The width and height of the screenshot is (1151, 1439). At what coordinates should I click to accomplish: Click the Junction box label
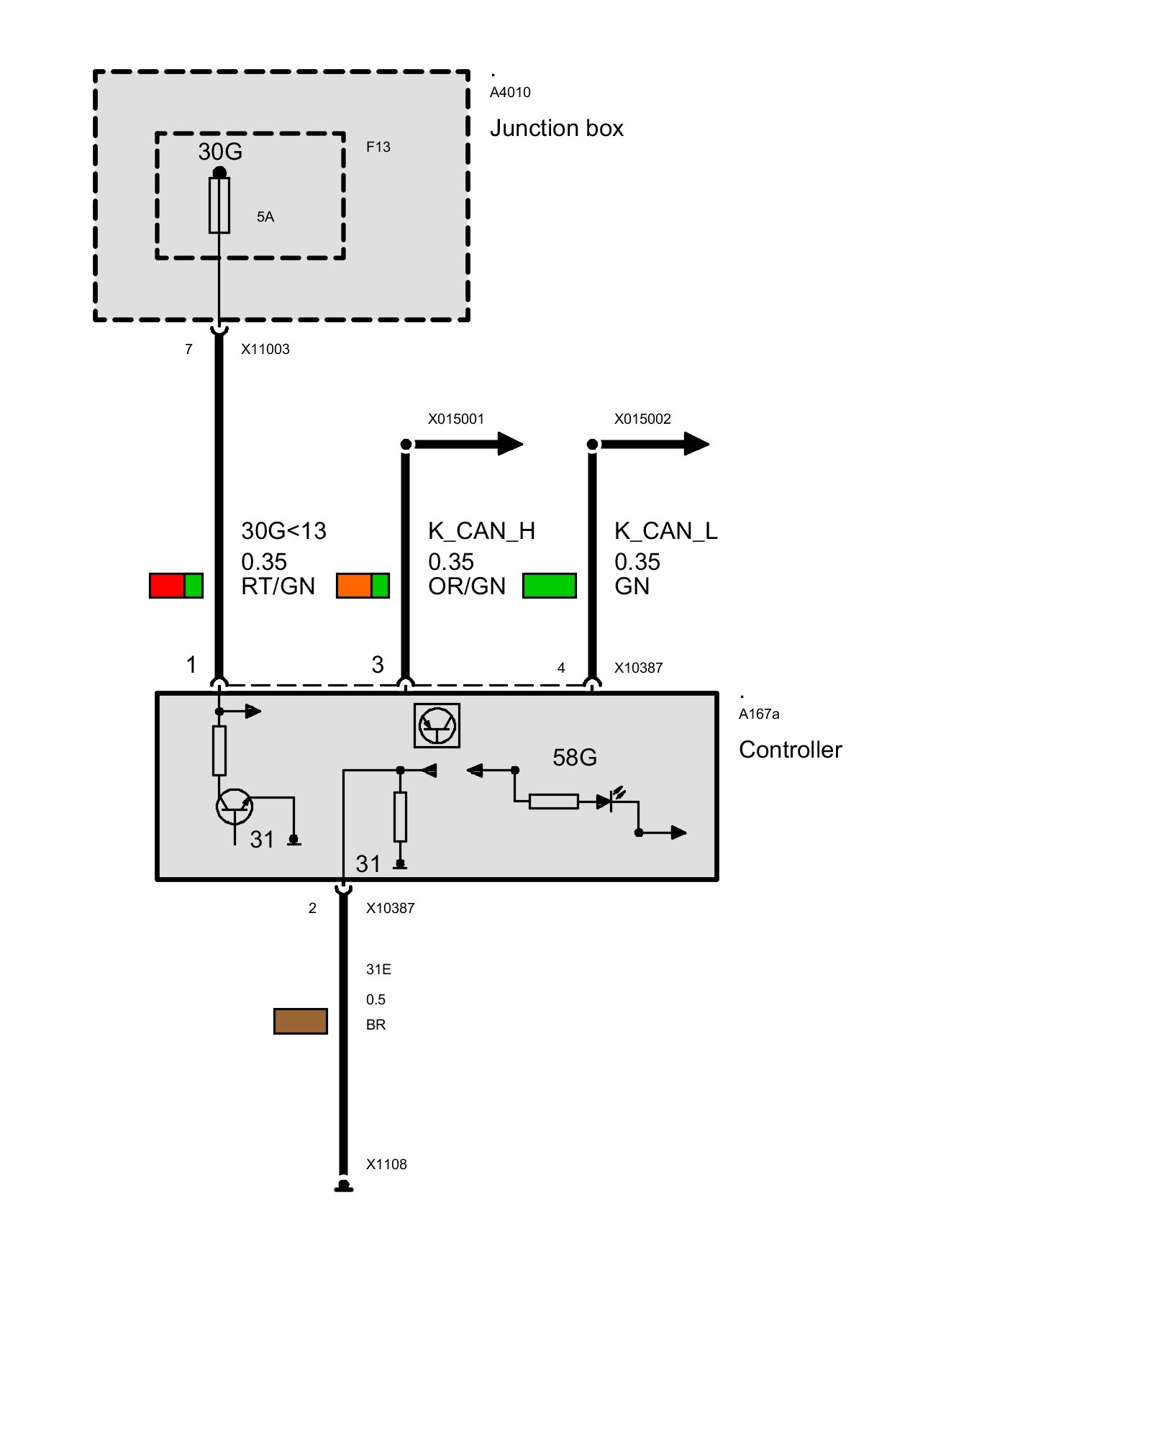pos(556,128)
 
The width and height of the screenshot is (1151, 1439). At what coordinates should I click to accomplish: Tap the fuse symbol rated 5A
pos(219,205)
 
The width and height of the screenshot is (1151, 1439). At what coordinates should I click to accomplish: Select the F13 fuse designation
pos(378,147)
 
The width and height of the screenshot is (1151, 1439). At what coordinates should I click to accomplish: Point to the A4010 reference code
pos(510,92)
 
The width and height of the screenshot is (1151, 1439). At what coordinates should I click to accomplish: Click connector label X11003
pos(265,349)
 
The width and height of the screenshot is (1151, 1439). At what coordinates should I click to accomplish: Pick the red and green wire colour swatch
pos(176,586)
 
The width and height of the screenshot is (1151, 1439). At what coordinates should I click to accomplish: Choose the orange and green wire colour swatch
pos(363,586)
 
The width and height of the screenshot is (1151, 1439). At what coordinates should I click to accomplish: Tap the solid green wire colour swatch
pos(550,586)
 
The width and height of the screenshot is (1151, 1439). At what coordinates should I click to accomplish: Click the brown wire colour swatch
pos(301,1021)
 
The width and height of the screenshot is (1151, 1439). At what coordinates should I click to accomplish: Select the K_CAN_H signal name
pos(481,531)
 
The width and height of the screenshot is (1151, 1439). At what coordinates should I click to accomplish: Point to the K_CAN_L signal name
pos(665,531)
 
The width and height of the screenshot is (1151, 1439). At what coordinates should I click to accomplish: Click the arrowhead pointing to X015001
pos(510,444)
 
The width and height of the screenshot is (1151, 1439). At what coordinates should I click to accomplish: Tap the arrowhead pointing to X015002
pos(696,444)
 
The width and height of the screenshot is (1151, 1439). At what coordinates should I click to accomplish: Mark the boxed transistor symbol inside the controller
pos(437,725)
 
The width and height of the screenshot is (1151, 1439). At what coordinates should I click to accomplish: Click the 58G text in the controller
pos(575,757)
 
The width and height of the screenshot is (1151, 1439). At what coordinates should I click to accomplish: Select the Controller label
pos(790,750)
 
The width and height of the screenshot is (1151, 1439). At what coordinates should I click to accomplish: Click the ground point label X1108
pos(386,1164)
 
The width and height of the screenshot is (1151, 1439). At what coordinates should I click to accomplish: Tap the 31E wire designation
pos(378,969)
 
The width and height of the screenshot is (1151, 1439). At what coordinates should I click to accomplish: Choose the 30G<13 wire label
pos(283,531)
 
